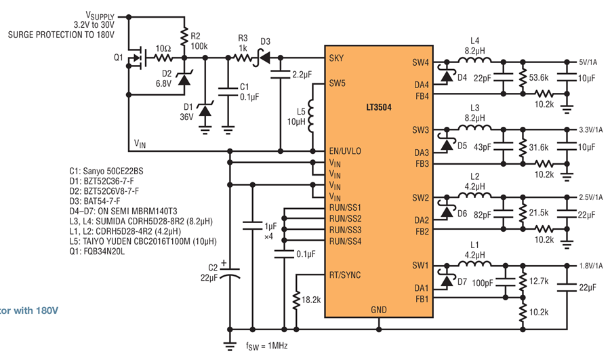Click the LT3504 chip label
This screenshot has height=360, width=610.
click(378, 107)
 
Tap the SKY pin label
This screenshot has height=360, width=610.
click(336, 58)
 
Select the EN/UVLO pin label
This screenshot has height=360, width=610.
click(345, 151)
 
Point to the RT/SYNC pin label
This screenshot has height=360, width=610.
click(345, 275)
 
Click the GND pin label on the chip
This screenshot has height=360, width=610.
click(378, 310)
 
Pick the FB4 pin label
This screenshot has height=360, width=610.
click(422, 96)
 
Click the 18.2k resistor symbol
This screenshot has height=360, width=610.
click(296, 301)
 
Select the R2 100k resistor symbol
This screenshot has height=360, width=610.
click(184, 37)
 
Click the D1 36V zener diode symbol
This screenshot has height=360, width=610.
click(205, 111)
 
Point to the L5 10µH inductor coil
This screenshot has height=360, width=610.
click(312, 116)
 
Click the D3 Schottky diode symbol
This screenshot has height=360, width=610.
click(264, 58)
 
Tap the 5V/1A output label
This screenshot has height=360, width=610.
click(588, 62)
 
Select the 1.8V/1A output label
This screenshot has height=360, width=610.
click(590, 266)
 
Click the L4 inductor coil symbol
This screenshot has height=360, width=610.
click(474, 60)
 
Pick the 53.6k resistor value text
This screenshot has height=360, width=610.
click(539, 78)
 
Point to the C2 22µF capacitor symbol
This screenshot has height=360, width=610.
click(230, 273)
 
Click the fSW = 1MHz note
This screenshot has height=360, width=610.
click(266, 346)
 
